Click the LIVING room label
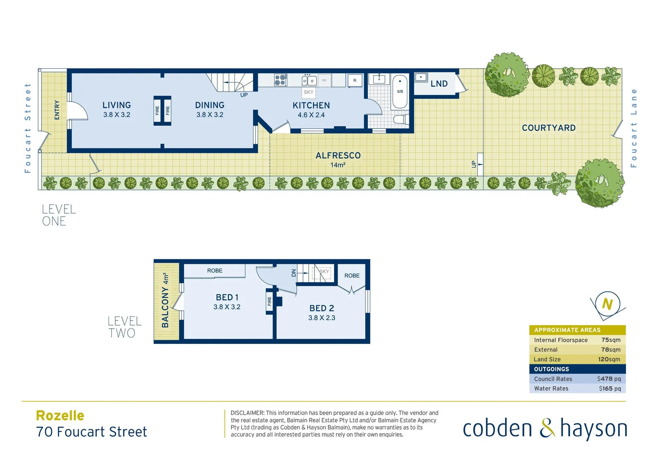coord(117,105)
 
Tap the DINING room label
coord(210,105)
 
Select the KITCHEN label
coord(311,106)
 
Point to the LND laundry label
coord(439,84)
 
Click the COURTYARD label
coord(548,128)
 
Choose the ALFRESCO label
coord(338,156)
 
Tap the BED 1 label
coord(227,298)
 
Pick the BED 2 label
coord(322,308)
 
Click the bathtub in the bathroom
coord(400,92)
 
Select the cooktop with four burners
coord(280,80)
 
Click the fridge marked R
coord(355,80)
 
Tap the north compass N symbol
coord(607,304)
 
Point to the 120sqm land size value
coord(609,359)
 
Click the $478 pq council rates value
coord(609,379)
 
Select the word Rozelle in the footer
coord(60,416)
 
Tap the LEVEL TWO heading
coord(124,327)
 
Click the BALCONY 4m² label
coord(166,300)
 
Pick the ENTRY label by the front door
coord(57,110)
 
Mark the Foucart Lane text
coord(634,128)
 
